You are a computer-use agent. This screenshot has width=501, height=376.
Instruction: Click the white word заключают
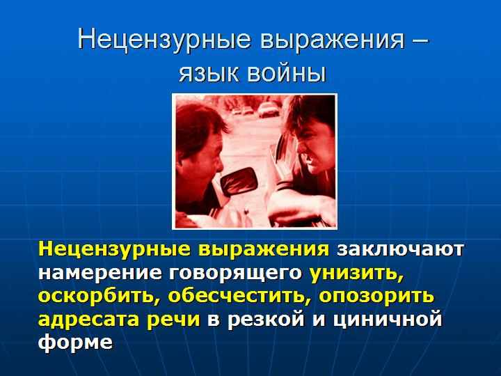click(x=400, y=249)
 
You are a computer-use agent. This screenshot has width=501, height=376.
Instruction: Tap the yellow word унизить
click(x=356, y=273)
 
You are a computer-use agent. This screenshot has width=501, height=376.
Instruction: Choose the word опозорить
click(x=376, y=297)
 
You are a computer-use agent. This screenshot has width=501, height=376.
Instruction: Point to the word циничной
click(x=388, y=319)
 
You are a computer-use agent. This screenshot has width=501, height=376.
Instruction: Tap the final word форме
click(x=75, y=341)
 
